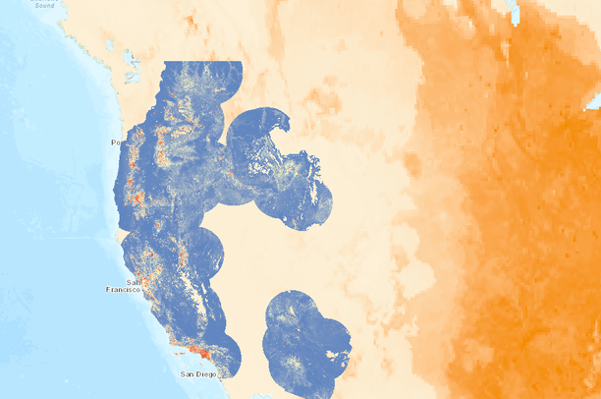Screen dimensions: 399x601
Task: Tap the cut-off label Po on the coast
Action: tap(115, 143)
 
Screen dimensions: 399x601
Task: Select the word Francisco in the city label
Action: tap(125, 290)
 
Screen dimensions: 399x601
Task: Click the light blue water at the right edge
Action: tap(594, 100)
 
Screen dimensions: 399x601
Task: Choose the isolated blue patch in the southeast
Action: tap(304, 344)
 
